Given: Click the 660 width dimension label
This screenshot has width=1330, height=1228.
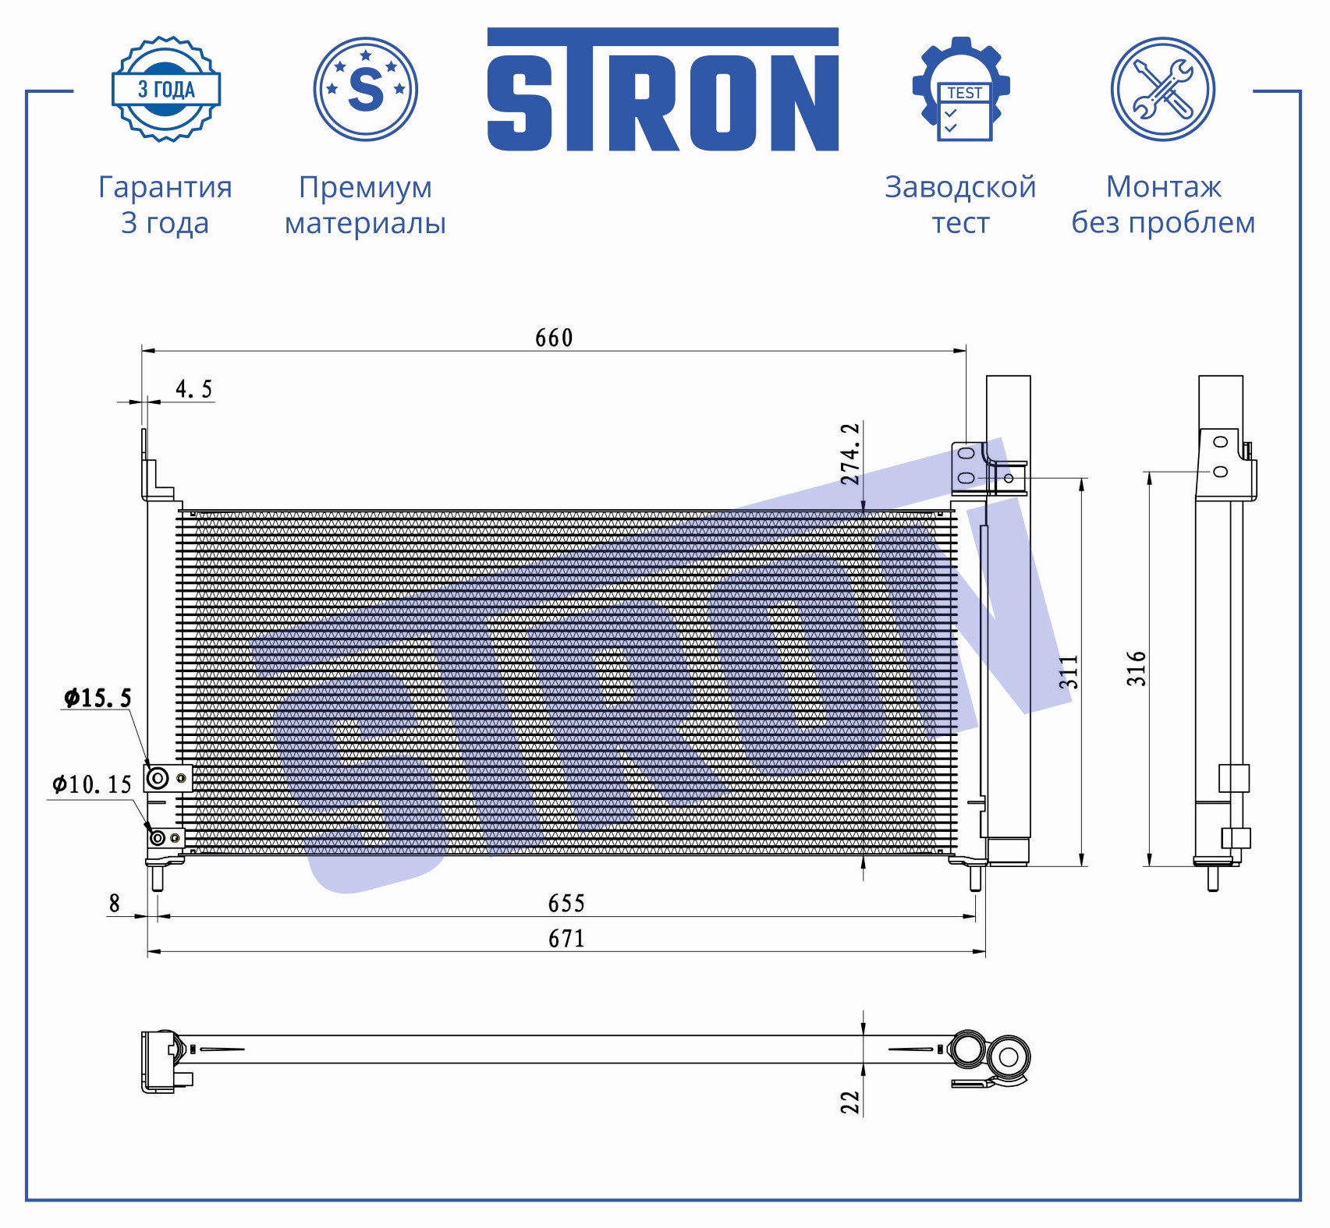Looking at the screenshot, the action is (554, 338).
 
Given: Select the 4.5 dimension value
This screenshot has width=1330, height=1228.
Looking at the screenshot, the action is (193, 389).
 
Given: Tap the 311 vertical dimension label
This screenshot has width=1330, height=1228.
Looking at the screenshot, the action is (1069, 671).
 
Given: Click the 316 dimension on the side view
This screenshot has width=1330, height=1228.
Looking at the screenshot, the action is (1137, 668).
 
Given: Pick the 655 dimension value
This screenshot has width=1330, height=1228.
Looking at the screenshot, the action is (566, 903).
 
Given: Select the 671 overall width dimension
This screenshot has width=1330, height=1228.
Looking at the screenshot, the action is (566, 938).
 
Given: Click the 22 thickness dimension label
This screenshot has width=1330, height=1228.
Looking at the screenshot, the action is (850, 1102).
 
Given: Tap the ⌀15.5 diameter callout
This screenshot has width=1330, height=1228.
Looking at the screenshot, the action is (98, 698).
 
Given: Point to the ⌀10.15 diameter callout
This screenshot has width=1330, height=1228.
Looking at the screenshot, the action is (92, 784).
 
